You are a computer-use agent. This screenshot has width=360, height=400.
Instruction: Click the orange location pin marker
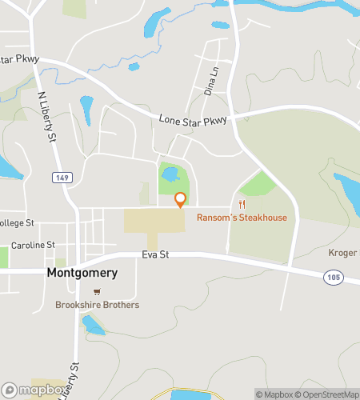pos(180,200)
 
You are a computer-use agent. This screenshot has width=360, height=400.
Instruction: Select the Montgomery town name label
pos(82,273)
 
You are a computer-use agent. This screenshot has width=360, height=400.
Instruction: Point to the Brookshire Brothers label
pos(97,305)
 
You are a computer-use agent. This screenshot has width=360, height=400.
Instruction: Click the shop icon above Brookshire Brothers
pos(97,292)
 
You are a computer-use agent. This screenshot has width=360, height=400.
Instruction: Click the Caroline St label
pos(33,245)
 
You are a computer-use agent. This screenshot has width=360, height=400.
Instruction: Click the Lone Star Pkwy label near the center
pos(193,119)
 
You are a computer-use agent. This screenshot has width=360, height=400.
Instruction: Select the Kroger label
pos(342,253)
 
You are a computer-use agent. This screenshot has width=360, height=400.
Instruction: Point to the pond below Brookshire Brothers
pos(94,325)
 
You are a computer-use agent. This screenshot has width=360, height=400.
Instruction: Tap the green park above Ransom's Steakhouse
pos(257,183)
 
